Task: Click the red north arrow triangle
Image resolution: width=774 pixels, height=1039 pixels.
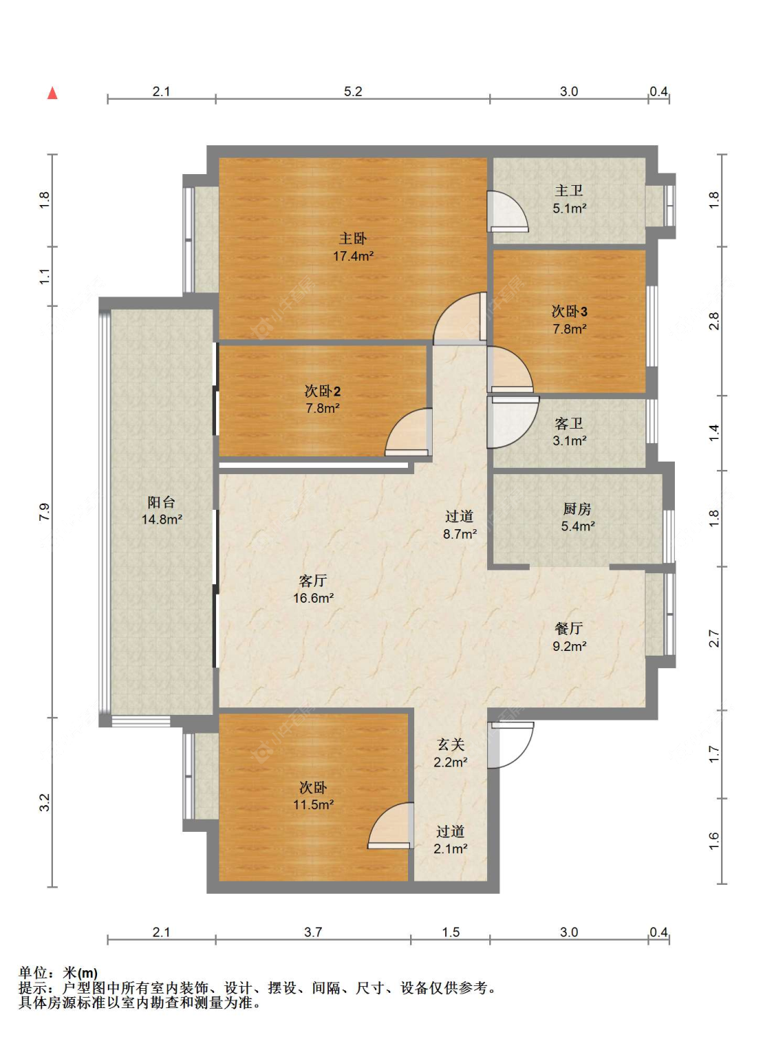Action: (52, 93)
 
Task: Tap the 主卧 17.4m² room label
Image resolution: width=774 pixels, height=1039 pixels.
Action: (353, 247)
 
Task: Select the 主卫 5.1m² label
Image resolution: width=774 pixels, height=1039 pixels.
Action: (569, 200)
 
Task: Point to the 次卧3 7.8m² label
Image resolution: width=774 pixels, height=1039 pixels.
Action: (569, 320)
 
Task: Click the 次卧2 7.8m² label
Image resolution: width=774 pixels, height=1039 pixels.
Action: (323, 399)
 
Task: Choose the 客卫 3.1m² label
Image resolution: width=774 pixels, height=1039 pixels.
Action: (569, 432)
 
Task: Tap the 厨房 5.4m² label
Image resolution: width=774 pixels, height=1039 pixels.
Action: (578, 517)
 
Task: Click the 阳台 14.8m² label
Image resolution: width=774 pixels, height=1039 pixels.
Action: (162, 511)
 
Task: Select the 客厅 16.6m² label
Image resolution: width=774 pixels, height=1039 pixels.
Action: (313, 589)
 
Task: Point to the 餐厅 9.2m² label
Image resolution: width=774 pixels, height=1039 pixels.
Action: (569, 637)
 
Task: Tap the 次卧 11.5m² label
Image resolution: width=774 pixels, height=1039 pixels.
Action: (313, 796)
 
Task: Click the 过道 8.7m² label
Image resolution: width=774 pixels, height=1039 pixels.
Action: (460, 525)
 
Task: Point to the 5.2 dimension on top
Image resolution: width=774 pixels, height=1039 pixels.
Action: (353, 92)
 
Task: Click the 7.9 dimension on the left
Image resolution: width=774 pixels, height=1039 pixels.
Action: (45, 511)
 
